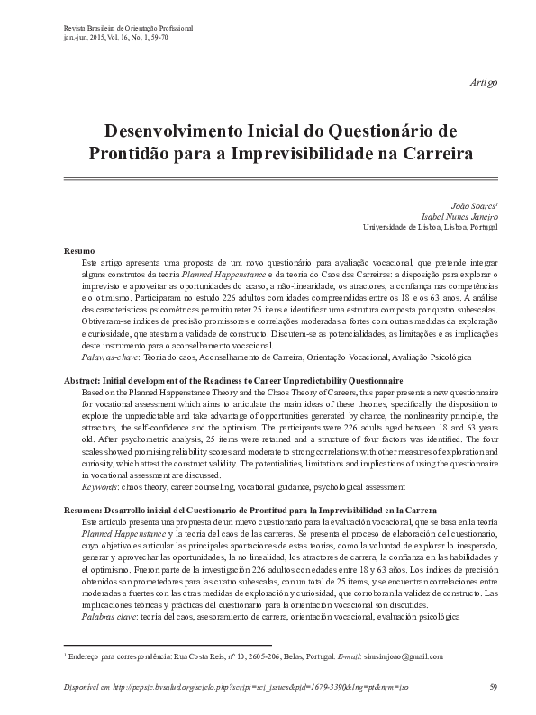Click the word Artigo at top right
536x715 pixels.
point(483,83)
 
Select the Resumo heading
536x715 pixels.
point(80,249)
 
